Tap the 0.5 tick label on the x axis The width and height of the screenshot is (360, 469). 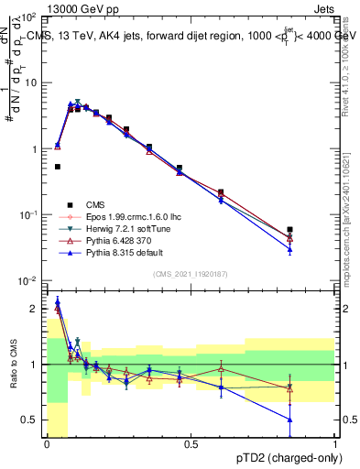point(191,444)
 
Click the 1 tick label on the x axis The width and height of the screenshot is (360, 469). point(334,444)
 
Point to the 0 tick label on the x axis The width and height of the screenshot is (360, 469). point(47,444)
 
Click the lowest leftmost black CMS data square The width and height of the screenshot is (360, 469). point(58,167)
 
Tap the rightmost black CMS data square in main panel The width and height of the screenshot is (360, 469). point(290,230)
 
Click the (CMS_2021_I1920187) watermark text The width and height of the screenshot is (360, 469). point(191,274)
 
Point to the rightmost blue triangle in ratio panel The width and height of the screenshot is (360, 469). point(290,420)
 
